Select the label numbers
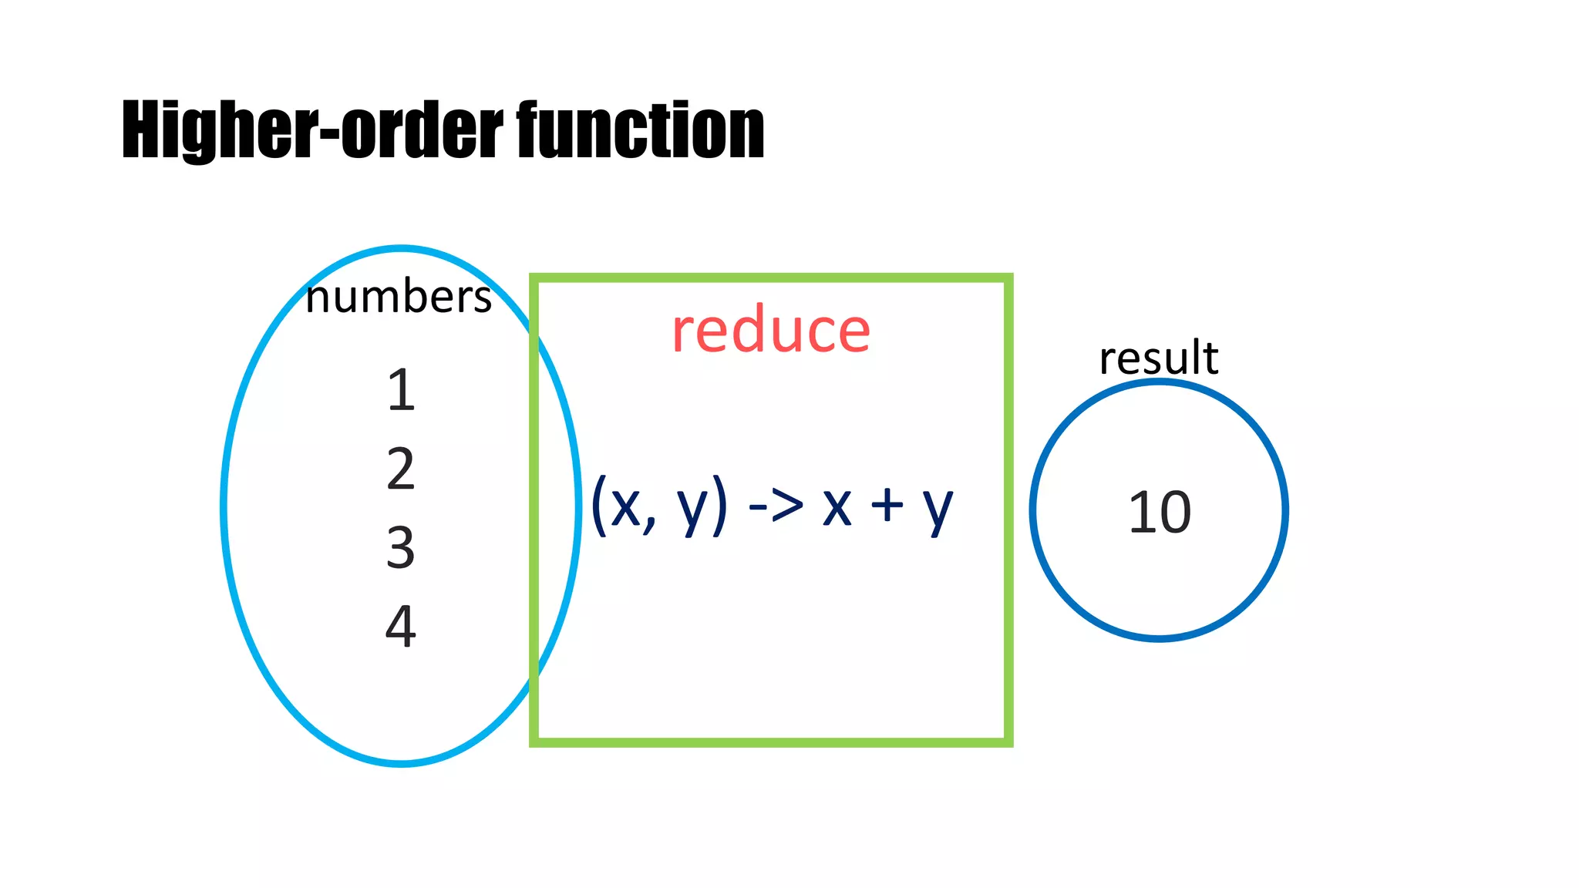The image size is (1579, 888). click(x=398, y=298)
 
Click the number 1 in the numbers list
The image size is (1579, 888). click(x=401, y=390)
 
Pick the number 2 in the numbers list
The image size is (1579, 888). click(x=401, y=469)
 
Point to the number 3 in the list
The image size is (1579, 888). click(x=401, y=547)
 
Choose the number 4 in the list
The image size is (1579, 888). click(x=401, y=626)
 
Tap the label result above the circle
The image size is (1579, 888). click(x=1159, y=358)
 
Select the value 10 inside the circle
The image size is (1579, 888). click(x=1160, y=513)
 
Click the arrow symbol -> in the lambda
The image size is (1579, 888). click(x=776, y=506)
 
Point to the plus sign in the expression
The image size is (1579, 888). click(x=887, y=506)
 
